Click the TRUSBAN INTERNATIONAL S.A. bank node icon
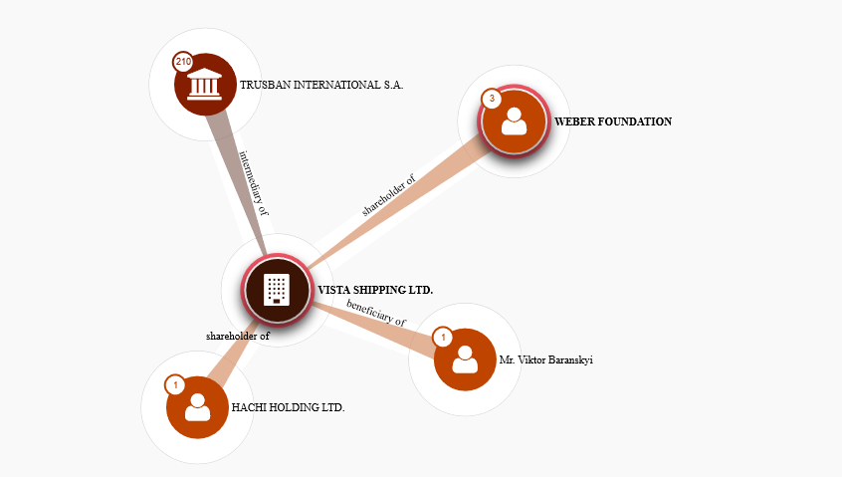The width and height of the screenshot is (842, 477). click(x=205, y=84)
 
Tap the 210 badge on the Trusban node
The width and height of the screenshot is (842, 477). click(x=183, y=62)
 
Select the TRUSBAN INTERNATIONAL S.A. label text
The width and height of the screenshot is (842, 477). click(x=321, y=86)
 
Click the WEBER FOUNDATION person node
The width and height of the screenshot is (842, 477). click(x=514, y=121)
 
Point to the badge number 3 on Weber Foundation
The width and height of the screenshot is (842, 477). click(x=492, y=99)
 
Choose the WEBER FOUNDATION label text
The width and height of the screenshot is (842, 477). click(x=613, y=121)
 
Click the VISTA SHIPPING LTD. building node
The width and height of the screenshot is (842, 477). click(x=277, y=290)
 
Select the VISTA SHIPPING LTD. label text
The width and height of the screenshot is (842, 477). click(x=375, y=290)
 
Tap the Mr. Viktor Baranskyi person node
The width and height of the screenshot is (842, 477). click(x=465, y=358)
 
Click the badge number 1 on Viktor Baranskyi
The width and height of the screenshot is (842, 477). click(x=444, y=337)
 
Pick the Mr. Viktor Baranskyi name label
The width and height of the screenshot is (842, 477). click(x=546, y=359)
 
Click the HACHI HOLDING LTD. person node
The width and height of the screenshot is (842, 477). click(x=197, y=406)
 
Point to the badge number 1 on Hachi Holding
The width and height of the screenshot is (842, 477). click(x=175, y=384)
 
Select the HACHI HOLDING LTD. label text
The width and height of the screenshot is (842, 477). click(x=288, y=407)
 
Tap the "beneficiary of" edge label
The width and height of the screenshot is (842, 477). click(x=376, y=313)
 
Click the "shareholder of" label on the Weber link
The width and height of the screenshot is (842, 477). click(x=389, y=195)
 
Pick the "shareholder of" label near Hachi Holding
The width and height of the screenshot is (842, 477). click(x=238, y=336)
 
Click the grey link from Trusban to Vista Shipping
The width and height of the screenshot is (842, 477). click(x=240, y=179)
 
